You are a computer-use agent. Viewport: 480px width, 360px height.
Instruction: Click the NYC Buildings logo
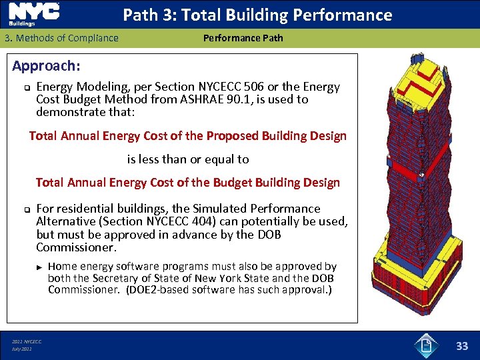[x=34, y=14]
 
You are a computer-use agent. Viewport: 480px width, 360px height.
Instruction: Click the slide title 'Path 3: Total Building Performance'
[x=257, y=15]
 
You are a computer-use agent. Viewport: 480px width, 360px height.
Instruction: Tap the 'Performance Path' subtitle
[x=243, y=38]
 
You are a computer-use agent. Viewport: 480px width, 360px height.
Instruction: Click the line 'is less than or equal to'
[x=188, y=159]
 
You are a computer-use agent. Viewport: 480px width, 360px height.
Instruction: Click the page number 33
[x=462, y=346]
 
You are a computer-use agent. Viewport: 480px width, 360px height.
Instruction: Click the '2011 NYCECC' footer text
[x=27, y=341]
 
